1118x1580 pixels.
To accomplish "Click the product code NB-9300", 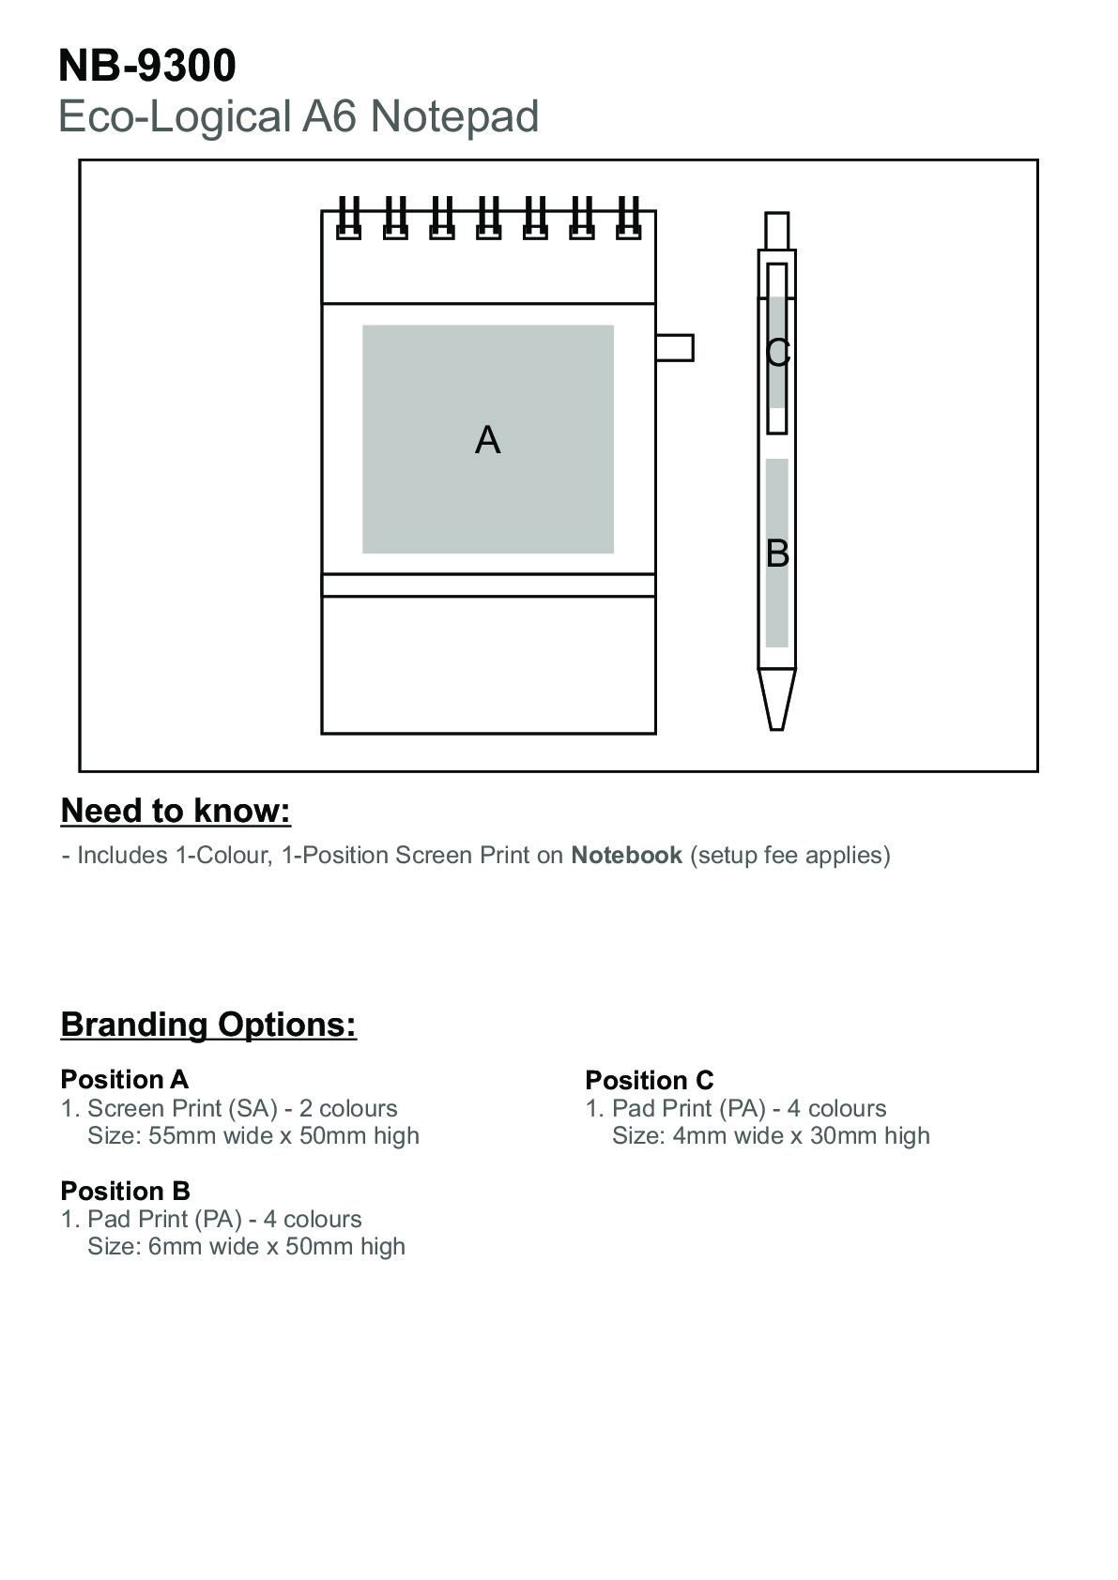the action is tap(146, 66).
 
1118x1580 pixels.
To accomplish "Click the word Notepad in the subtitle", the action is tap(454, 116).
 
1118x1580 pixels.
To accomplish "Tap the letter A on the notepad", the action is tap(488, 440).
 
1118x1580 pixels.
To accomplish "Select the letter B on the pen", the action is tap(777, 554).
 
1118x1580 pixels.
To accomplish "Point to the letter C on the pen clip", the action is tap(778, 353).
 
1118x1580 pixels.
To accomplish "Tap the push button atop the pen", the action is tap(776, 231).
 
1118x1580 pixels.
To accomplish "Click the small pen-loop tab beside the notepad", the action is tap(675, 348).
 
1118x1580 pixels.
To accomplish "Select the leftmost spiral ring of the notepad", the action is tap(348, 218).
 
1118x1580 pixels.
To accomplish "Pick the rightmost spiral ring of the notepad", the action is tap(628, 218).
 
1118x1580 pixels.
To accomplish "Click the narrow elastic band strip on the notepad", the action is tap(488, 585).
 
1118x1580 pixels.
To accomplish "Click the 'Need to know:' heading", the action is tap(176, 812).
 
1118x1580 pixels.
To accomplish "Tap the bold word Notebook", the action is tap(627, 855).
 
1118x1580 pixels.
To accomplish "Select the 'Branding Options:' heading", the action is tap(209, 1025).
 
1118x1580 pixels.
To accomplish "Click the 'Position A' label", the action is tap(125, 1079).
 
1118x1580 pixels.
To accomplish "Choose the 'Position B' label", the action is tap(126, 1191).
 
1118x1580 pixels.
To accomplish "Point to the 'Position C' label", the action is tap(650, 1080).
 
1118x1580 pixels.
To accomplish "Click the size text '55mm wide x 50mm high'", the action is tap(283, 1135).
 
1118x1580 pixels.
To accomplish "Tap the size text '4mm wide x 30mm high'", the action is tap(801, 1135).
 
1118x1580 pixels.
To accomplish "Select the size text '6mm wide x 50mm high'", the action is tap(277, 1246).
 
